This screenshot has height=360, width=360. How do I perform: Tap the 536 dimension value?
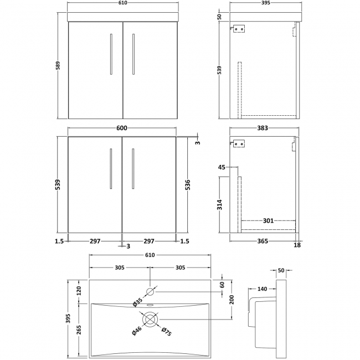pyautogui.click(x=189, y=184)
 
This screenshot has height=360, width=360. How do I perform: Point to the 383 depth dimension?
pyautogui.click(x=263, y=128)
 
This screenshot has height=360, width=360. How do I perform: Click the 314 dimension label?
pyautogui.click(x=220, y=204)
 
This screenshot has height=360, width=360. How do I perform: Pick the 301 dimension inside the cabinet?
pyautogui.click(x=268, y=220)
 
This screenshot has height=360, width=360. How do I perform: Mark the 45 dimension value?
pyautogui.click(x=222, y=167)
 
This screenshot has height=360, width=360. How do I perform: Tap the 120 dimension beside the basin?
pyautogui.click(x=78, y=290)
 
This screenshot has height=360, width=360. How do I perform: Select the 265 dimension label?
pyautogui.click(x=78, y=330)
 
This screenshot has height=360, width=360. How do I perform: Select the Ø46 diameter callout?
pyautogui.click(x=136, y=332)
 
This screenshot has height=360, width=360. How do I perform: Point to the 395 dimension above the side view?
pyautogui.click(x=264, y=4)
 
